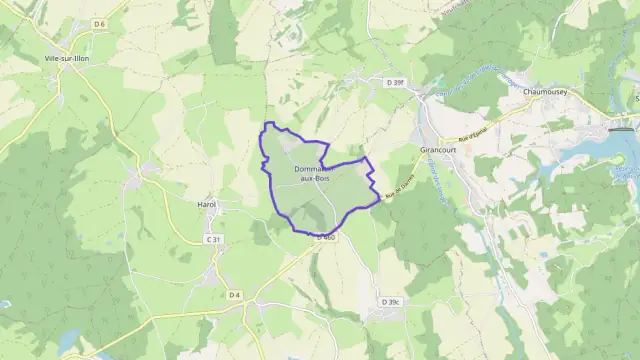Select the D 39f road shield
396,81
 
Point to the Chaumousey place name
545,91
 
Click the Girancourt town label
437,148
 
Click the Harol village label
207,204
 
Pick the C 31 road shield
213,239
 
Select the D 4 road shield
235,295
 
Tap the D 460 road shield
325,237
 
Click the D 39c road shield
390,301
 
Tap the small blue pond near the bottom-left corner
67,342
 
